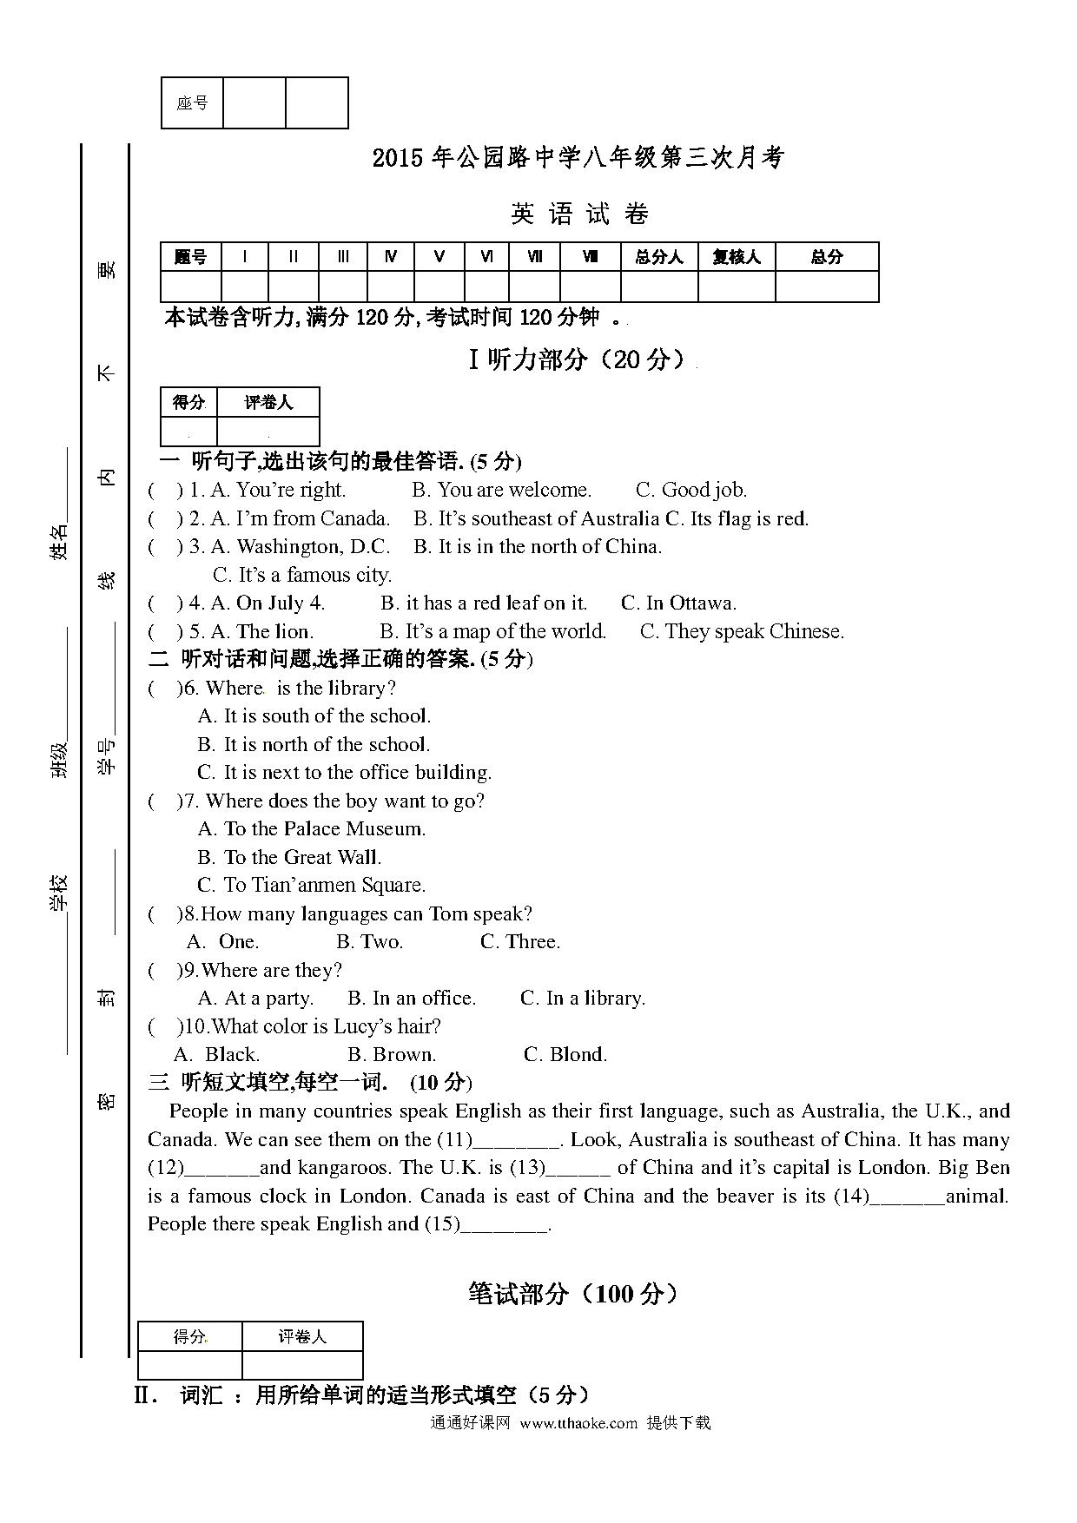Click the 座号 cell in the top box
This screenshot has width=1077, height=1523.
click(192, 103)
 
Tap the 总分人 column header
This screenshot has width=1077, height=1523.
click(659, 257)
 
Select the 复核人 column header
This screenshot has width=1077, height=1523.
click(737, 257)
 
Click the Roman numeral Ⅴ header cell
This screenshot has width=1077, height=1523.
click(439, 257)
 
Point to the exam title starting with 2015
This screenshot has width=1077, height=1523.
click(578, 157)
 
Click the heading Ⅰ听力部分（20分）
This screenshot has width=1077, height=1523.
click(578, 359)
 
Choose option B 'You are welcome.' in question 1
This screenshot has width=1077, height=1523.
click(501, 490)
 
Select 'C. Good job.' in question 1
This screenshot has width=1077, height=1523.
click(691, 490)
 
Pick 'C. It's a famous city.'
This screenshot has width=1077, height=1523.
click(302, 575)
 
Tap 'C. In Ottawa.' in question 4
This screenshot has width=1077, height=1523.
click(678, 603)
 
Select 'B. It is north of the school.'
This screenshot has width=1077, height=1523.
click(314, 744)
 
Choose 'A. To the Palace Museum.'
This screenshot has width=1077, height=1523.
click(312, 828)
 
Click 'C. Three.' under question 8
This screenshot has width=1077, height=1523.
click(520, 941)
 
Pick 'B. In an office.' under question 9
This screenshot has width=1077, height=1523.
click(412, 998)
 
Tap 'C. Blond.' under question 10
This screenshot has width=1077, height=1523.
click(565, 1054)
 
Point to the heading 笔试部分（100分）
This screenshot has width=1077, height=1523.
click(572, 1293)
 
